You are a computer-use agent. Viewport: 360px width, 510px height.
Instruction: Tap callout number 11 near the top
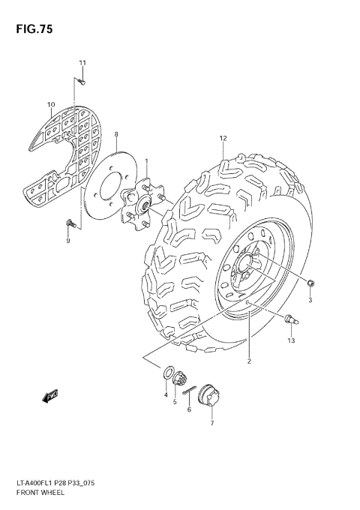pyautogui.click(x=82, y=62)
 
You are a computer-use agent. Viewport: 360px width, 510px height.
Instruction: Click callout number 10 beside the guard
pyautogui.click(x=51, y=104)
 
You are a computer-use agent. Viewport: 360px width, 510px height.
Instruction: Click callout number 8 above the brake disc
pyautogui.click(x=116, y=134)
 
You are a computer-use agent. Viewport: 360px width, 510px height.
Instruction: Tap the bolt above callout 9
pyautogui.click(x=70, y=222)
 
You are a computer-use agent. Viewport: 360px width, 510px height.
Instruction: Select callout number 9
pyautogui.click(x=67, y=240)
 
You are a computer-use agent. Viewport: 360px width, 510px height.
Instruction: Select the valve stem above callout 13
pyautogui.click(x=289, y=321)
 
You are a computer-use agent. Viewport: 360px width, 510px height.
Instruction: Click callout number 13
pyautogui.click(x=291, y=340)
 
